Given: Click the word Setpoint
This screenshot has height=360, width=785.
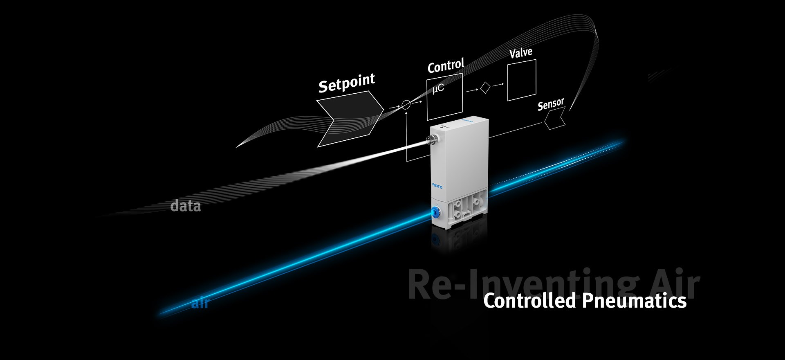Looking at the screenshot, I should [347, 83].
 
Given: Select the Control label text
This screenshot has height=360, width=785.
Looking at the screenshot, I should [446, 66].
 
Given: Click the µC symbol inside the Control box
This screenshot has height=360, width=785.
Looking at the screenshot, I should [438, 88].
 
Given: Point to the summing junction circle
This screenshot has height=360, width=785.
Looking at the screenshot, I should [406, 105].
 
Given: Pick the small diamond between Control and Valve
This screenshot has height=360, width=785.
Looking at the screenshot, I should [485, 88].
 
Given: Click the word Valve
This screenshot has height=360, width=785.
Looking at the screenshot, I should [520, 53].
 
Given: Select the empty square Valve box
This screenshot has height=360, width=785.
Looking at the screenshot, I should [522, 80].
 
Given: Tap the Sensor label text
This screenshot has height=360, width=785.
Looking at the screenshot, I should [551, 104].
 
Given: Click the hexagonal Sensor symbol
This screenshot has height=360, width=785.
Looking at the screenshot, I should [555, 118].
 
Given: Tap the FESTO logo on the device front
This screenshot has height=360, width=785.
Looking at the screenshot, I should [437, 186].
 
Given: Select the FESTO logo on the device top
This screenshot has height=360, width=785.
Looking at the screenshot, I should [468, 121].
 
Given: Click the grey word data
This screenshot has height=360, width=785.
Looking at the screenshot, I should [186, 206].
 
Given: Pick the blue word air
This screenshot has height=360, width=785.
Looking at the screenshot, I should [200, 303].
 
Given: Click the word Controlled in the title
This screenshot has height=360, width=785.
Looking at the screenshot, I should [530, 301].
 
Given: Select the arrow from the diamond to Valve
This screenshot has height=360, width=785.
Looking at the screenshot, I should [498, 85].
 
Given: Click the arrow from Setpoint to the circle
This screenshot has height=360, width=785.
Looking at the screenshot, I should [394, 107].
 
